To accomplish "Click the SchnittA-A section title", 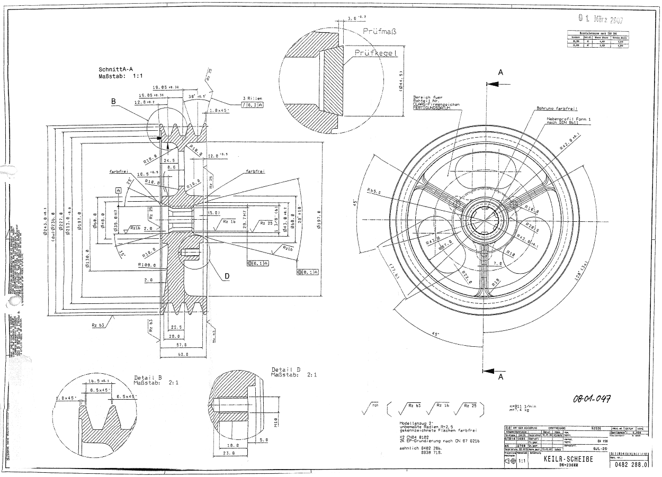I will pyautogui.click(x=117, y=69).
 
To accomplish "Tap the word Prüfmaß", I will pyautogui.click(x=380, y=31).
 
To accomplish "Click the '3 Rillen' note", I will pyautogui.click(x=253, y=98).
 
